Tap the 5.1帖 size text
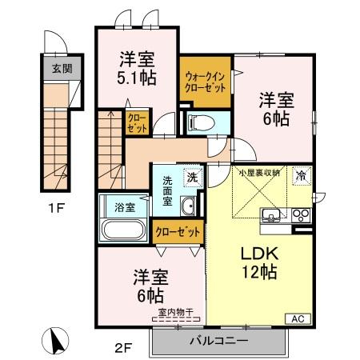point(138,78)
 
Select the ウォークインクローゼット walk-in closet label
point(205,82)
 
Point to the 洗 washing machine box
point(192,177)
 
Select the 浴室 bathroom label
point(124,206)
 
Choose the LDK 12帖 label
point(259,262)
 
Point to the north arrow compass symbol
point(57,339)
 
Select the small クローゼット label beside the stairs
point(137,122)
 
